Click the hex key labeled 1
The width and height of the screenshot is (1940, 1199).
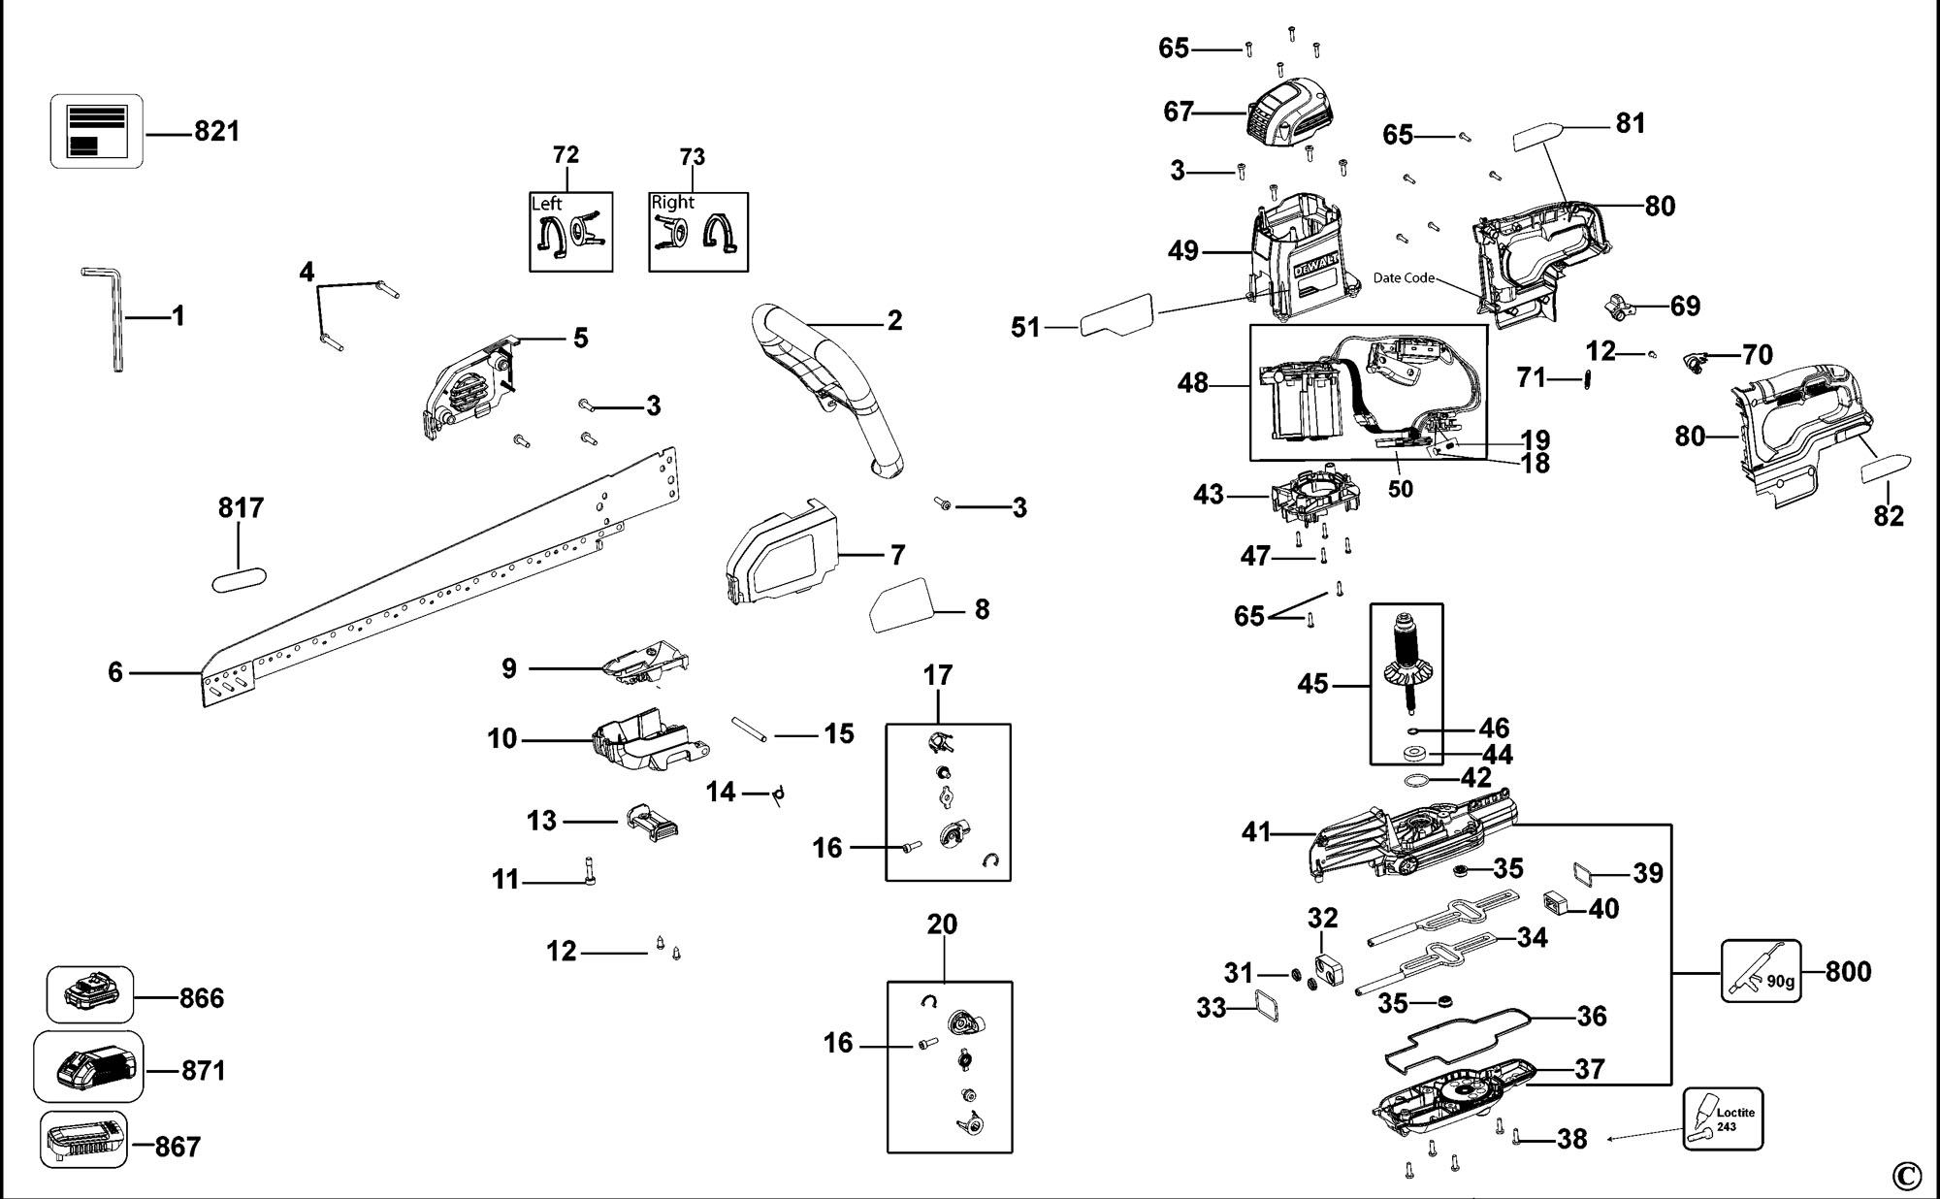tap(114, 320)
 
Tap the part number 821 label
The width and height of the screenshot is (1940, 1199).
tap(216, 131)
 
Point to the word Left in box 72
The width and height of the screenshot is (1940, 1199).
tap(547, 204)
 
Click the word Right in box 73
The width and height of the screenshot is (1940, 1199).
tap(673, 202)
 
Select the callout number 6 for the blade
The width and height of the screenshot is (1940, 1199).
tap(115, 672)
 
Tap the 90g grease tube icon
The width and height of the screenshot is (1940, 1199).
tap(1761, 970)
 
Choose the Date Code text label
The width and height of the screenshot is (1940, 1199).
tap(1404, 278)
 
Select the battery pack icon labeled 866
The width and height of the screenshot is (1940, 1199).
tap(90, 994)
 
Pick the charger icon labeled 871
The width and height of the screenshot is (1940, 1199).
tap(88, 1067)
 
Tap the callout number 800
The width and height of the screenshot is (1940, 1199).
tap(1848, 971)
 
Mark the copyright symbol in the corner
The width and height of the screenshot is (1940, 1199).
tap(1905, 1176)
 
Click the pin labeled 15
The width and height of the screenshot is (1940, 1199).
tap(751, 729)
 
